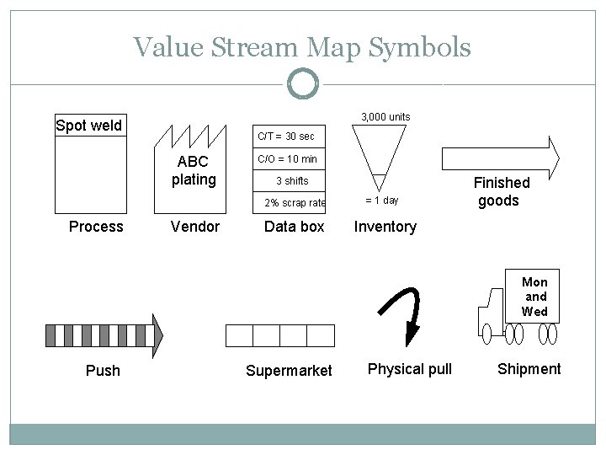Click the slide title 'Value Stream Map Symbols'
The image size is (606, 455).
tap(302, 47)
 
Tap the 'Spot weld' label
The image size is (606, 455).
tap(88, 126)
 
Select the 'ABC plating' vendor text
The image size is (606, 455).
tap(194, 170)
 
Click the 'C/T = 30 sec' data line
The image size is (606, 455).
tap(287, 136)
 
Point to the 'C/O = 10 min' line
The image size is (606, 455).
tap(287, 158)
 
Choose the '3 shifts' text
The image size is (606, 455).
tap(292, 180)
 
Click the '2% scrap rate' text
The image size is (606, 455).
tap(295, 202)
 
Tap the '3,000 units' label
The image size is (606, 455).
tap(385, 115)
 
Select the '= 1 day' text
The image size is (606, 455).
tap(381, 201)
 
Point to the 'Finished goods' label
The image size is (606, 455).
tap(502, 191)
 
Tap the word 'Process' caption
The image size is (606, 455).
tap(96, 227)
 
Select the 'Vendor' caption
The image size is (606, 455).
tap(194, 227)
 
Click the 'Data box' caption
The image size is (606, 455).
tap(294, 227)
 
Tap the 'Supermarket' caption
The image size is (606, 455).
tap(288, 371)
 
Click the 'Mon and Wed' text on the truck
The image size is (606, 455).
tap(534, 297)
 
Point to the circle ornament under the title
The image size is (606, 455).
tap(302, 83)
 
